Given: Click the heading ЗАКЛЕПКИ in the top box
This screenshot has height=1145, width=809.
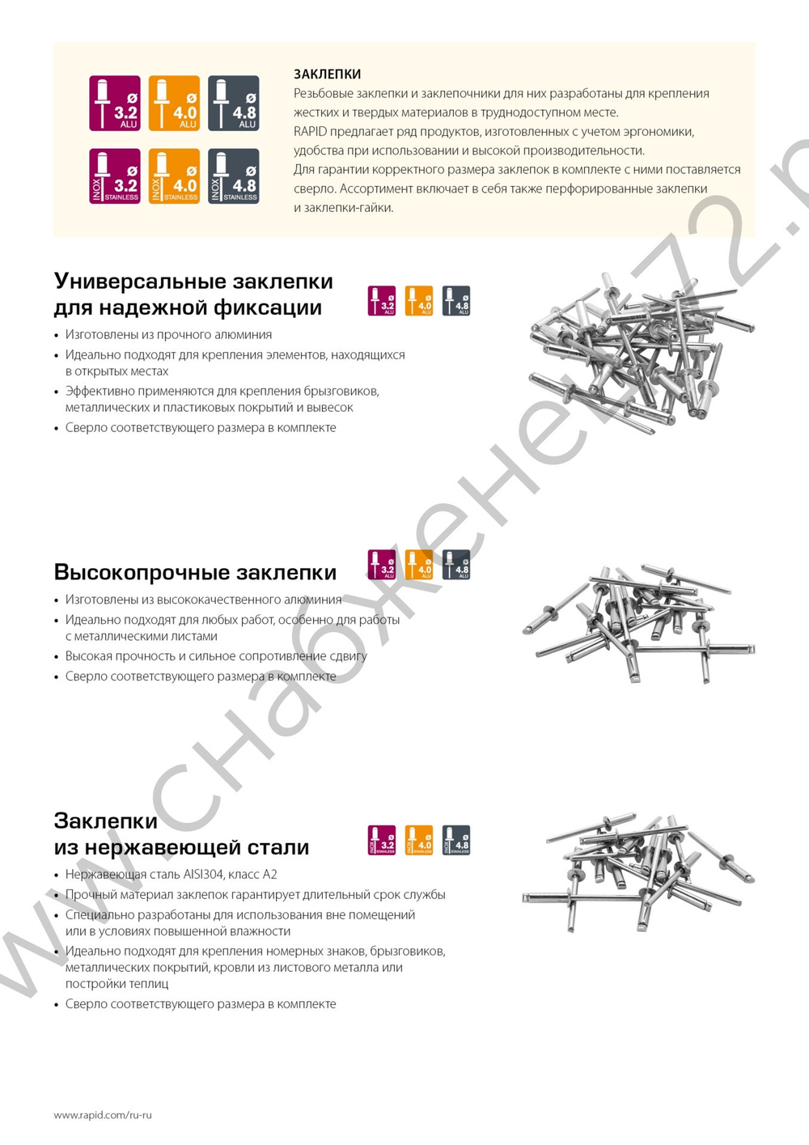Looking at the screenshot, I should pyautogui.click(x=327, y=74).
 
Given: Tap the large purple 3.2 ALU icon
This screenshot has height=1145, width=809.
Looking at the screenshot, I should pyautogui.click(x=115, y=104).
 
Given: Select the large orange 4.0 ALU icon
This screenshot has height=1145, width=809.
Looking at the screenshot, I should pyautogui.click(x=174, y=104).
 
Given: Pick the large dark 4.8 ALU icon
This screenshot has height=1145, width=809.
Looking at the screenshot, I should pyautogui.click(x=234, y=104).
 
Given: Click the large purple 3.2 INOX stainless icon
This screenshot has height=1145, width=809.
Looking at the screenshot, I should pyautogui.click(x=115, y=176).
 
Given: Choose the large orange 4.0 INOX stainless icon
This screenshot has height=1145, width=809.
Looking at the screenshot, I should pyautogui.click(x=174, y=176).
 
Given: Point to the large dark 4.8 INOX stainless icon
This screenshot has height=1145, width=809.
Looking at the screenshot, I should pyautogui.click(x=234, y=176).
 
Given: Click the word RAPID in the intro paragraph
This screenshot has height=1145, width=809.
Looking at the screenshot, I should pyautogui.click(x=310, y=131).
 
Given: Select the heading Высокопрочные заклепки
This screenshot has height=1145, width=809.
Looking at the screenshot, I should pyautogui.click(x=195, y=572).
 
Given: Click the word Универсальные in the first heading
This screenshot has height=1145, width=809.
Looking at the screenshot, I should pyautogui.click(x=140, y=281).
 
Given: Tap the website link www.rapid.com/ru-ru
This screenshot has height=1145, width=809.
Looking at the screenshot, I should pyautogui.click(x=103, y=1114).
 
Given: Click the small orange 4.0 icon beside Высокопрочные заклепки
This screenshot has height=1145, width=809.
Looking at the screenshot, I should pyautogui.click(x=419, y=565).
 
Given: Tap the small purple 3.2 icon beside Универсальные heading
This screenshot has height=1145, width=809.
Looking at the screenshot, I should pyautogui.click(x=382, y=301).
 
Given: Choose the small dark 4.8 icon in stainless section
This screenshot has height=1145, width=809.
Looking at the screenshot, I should pyautogui.click(x=456, y=840).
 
